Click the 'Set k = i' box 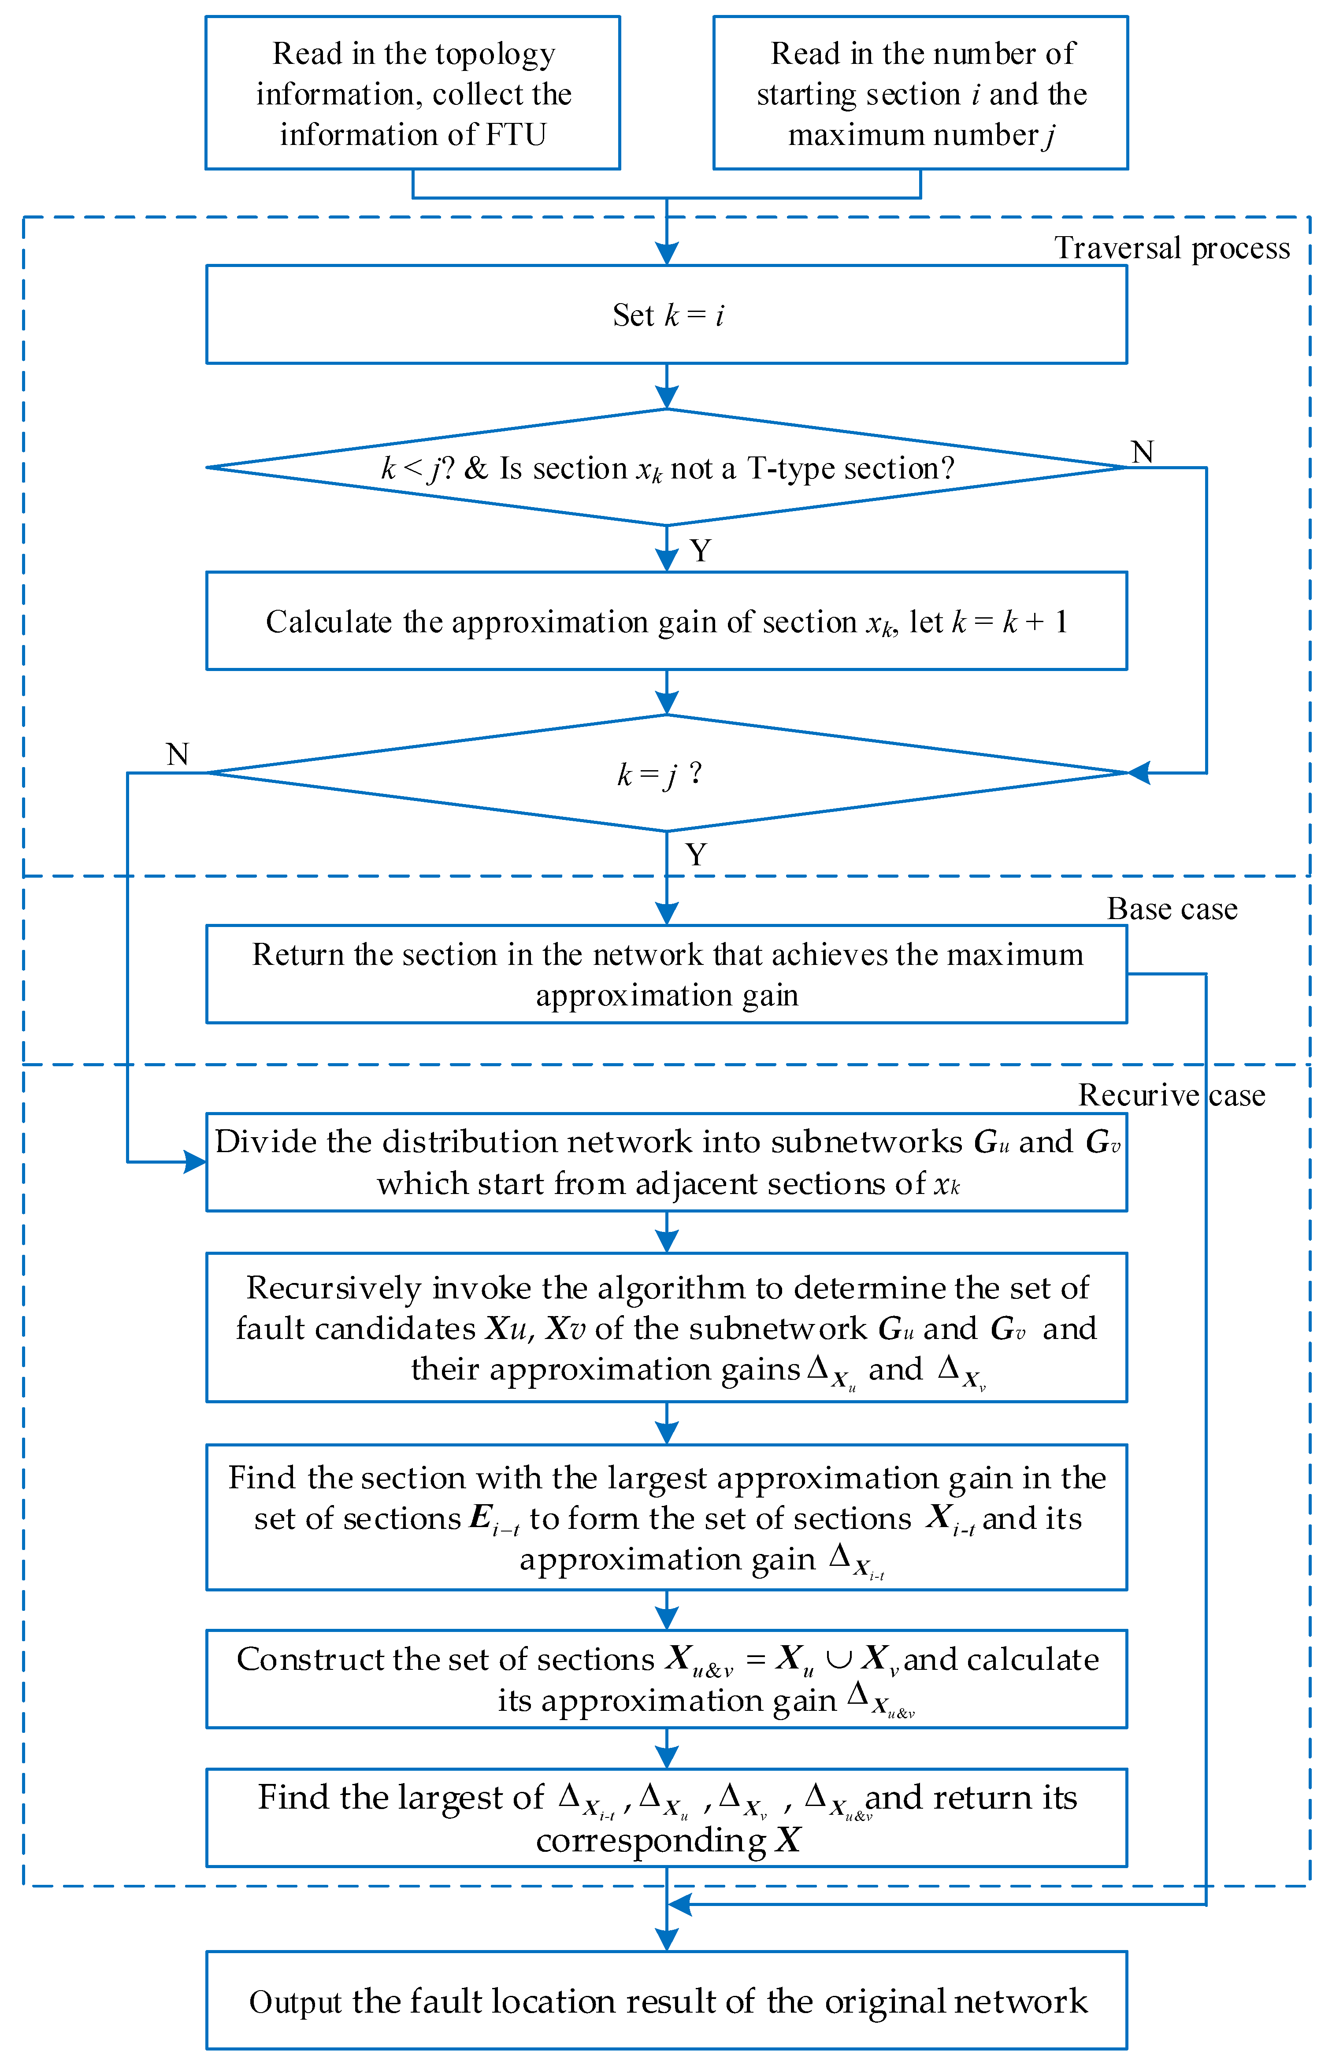coord(666,315)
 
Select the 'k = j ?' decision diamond coord(666,773)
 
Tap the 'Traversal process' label coord(1172,248)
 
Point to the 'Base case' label coord(1172,909)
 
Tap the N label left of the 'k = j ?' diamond coord(177,754)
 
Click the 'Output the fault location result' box coord(666,2001)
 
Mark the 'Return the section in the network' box coord(666,975)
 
